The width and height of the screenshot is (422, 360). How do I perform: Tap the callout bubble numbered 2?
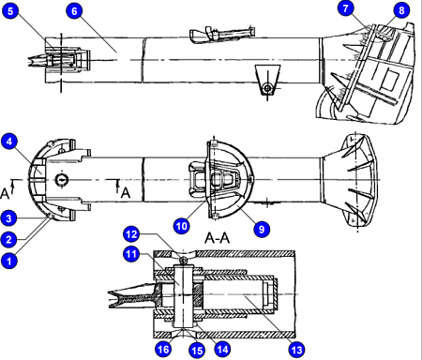click(x=10, y=239)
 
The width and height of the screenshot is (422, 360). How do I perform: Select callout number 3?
click(x=10, y=218)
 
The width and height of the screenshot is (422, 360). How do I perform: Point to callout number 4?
click(x=10, y=142)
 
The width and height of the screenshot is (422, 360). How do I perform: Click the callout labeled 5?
click(x=10, y=10)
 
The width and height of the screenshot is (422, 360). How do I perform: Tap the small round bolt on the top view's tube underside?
click(x=268, y=88)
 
